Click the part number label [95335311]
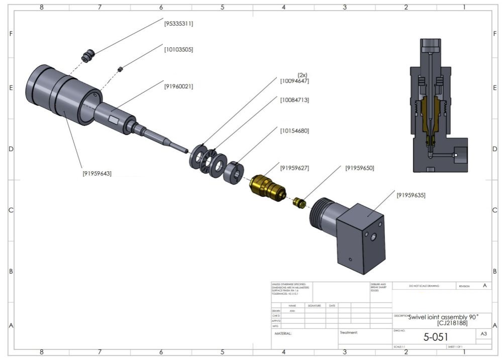coord(178,24)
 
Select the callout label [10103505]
coord(178,50)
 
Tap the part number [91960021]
coord(178,86)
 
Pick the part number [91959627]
coord(295,168)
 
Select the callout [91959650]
coord(359,168)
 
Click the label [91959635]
coord(411,195)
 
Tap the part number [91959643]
coord(97,173)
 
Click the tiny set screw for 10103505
coord(121,69)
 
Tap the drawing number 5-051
coord(435,337)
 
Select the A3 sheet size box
coord(483,334)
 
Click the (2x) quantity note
coord(303,75)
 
